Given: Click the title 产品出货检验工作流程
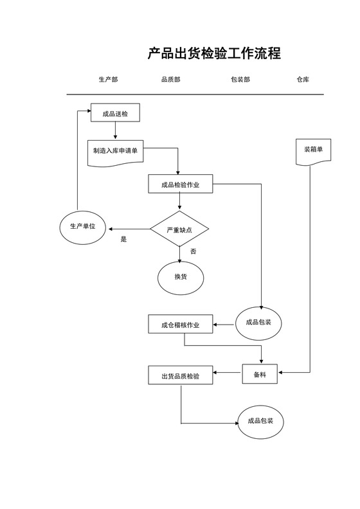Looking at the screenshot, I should point(214,54).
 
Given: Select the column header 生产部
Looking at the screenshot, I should point(108,80).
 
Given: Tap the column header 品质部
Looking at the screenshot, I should point(170,80).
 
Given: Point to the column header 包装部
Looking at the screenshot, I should point(240,80).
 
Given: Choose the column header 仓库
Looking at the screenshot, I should point(303,80).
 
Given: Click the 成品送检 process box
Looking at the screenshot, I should point(115,114).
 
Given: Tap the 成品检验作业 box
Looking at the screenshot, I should point(180,184).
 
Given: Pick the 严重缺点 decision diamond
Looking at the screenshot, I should point(180,229).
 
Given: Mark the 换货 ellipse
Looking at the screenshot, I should point(181,277).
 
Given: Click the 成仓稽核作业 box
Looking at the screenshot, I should point(181,325).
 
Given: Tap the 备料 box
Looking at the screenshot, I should point(260,373).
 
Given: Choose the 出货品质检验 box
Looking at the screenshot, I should point(181,376).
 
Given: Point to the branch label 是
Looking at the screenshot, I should point(124,239).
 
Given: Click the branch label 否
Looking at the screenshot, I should point(193,251).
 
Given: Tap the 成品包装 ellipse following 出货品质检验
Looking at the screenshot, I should point(260,422).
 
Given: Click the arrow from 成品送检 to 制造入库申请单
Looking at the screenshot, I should point(115,130).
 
